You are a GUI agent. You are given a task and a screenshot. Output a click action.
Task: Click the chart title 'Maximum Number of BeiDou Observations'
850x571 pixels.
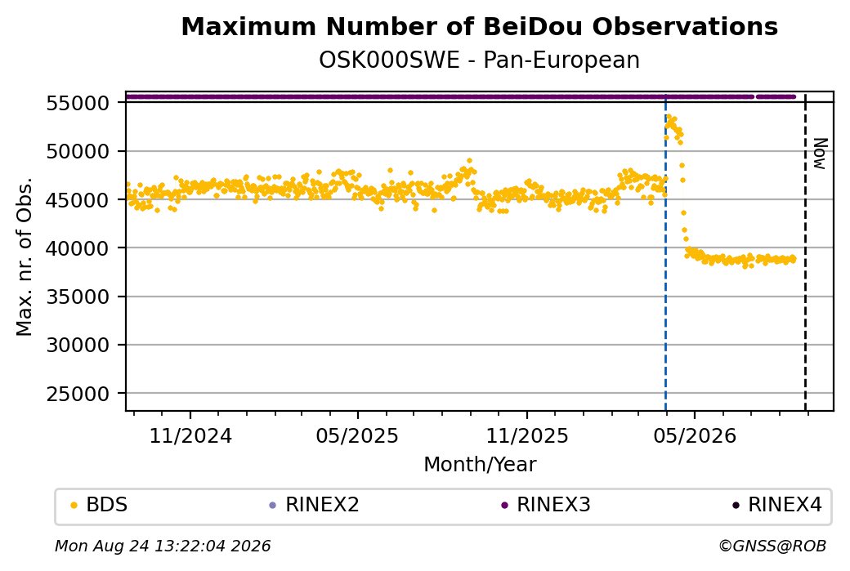pos(479,26)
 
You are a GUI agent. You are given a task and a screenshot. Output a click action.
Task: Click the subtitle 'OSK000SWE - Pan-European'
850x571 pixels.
pos(479,60)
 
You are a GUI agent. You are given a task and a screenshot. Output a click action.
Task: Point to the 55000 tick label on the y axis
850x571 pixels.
pos(78,103)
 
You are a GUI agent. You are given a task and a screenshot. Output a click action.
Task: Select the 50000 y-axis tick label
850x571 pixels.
pos(78,151)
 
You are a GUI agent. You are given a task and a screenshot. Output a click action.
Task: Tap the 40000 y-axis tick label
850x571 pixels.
pos(78,248)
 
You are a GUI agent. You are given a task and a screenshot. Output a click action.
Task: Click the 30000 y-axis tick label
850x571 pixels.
pos(78,345)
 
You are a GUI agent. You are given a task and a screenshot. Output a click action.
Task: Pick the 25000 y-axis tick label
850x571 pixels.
pos(78,394)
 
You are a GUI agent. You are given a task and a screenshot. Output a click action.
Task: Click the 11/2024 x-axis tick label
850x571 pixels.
pos(190,435)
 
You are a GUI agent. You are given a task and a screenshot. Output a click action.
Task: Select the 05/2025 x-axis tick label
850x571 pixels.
pos(357,435)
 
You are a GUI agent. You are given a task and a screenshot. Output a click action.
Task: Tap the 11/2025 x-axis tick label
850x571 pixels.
pos(527,435)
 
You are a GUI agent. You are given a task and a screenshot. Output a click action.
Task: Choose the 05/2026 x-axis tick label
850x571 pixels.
pos(695,435)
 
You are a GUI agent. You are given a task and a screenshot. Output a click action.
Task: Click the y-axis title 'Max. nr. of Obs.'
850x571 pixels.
pos(25,257)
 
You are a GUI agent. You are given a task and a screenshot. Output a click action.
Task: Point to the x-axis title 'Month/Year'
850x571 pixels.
pos(480,464)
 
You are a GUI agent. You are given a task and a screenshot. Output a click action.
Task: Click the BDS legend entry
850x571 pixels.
pos(99,505)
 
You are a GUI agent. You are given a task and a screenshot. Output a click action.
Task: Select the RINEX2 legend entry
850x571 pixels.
pos(315,505)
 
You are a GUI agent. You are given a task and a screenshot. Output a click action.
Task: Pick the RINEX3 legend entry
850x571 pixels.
pos(546,505)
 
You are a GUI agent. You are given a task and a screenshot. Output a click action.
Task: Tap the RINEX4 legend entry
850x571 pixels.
pos(777,505)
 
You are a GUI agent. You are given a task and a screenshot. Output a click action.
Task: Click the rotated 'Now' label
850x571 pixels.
pos(821,154)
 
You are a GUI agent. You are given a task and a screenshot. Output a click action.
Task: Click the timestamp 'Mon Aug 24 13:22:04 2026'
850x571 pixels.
pos(163,546)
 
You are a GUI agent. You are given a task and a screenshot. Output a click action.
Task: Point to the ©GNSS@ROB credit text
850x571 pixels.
pos(772,546)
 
